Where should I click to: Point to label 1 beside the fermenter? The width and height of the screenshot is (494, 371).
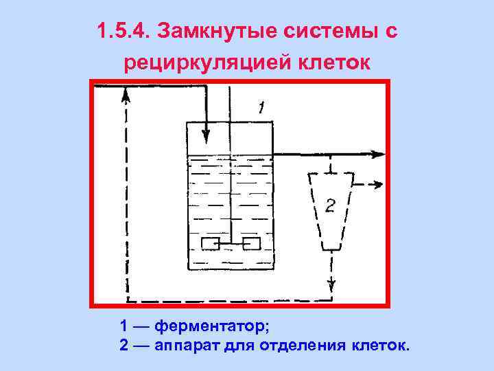pos(261,107)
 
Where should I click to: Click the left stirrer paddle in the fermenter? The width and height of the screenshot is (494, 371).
pos(210,243)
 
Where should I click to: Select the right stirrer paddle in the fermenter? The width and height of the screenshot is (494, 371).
pos(251,243)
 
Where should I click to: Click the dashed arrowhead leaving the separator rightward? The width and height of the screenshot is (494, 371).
pos(377,184)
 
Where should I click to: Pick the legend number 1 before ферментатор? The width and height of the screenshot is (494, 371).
pos(123,324)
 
